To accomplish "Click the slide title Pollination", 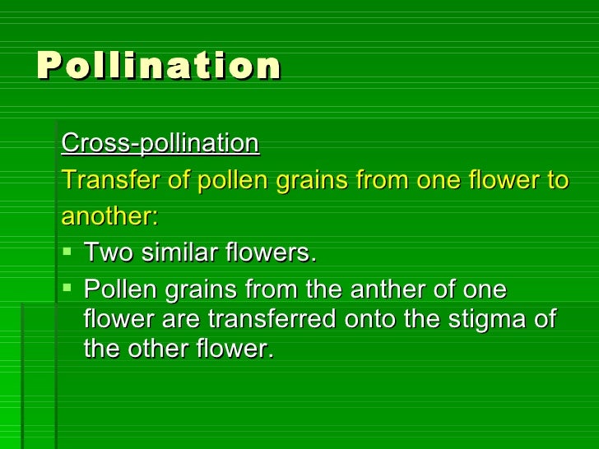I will point(159,66).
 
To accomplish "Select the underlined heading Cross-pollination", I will point(160,144).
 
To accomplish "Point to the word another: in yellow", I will point(109,217).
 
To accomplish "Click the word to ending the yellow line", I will point(557,181).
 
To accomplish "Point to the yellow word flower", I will point(500,181).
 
